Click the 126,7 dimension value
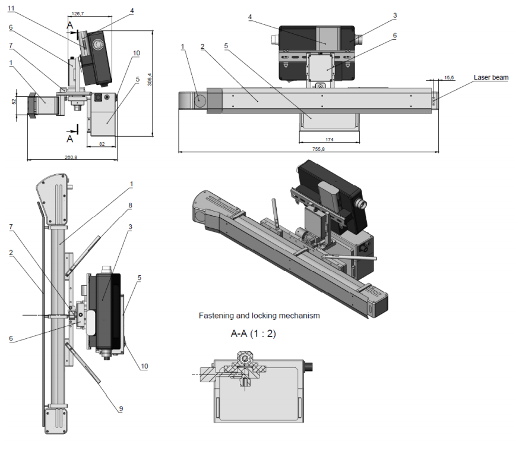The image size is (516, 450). click(78, 14)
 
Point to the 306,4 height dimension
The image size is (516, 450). click(150, 80)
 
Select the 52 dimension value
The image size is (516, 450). click(14, 102)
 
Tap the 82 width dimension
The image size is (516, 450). click(102, 144)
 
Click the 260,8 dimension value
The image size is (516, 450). click(71, 157)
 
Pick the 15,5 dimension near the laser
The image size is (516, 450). click(449, 78)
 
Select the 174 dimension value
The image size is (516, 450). click(330, 140)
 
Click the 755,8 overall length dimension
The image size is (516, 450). click(318, 149)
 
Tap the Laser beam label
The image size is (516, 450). click(491, 77)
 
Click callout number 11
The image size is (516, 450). click(11, 8)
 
